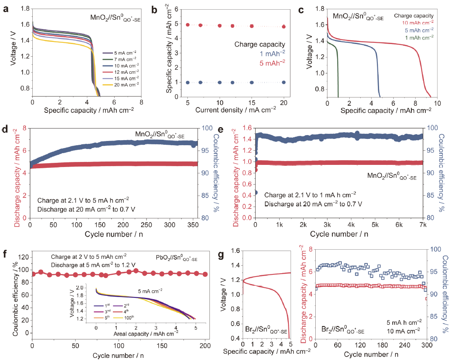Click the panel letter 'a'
coord(5,9)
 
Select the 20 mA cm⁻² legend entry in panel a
coord(121,85)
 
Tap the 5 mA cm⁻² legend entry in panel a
coord(120,53)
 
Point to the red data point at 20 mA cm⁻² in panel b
coord(284,26)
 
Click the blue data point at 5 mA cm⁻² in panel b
coord(188,83)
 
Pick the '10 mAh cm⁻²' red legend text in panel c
coord(418,23)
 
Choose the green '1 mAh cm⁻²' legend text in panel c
coord(419,38)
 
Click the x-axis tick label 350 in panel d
coord(193,225)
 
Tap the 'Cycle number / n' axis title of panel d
coord(114,234)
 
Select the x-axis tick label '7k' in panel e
coord(423,225)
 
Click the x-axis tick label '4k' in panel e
coord(351,225)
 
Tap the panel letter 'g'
coord(221,255)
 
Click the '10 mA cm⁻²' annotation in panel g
coord(403,331)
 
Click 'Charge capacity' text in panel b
coord(260,44)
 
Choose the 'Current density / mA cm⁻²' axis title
coord(236,110)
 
